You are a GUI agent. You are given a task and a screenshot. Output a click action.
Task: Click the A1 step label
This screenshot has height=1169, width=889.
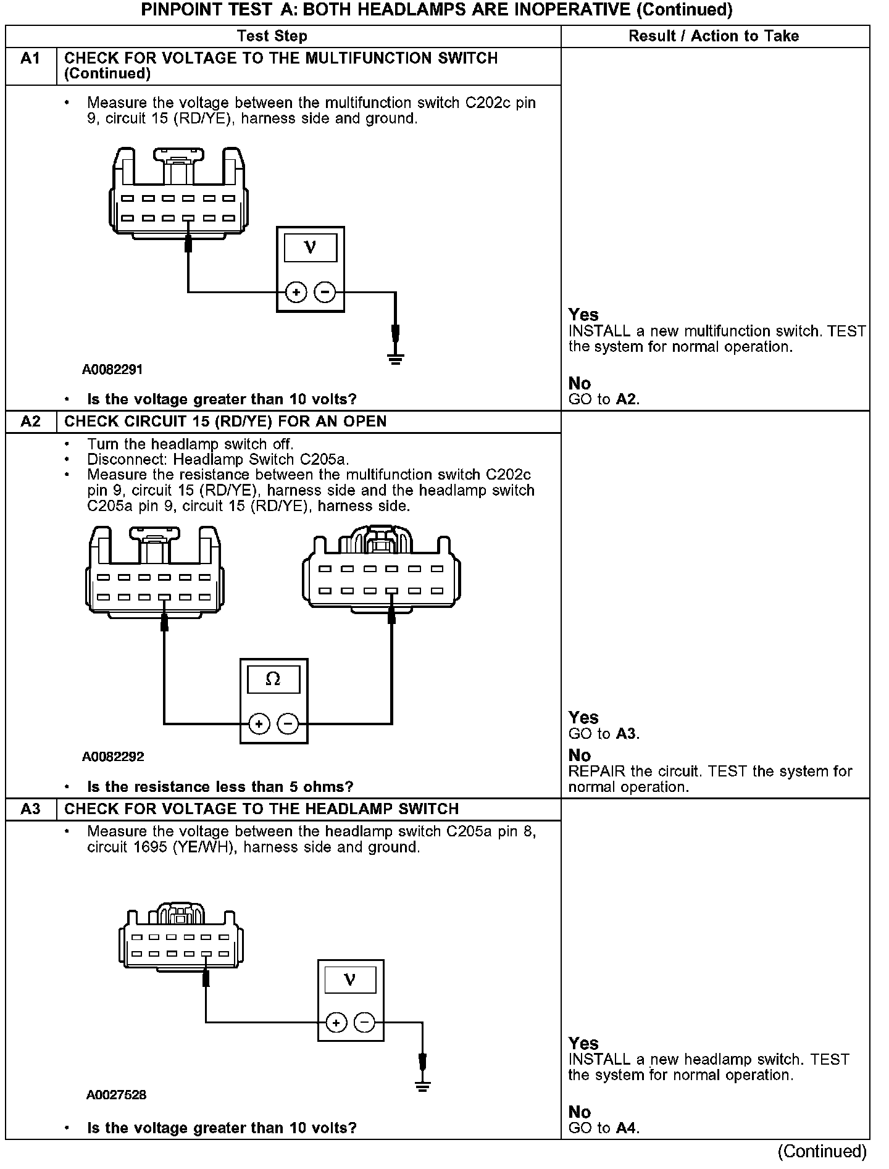click(x=30, y=59)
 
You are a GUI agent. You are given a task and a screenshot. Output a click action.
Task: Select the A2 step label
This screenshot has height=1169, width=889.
click(x=30, y=422)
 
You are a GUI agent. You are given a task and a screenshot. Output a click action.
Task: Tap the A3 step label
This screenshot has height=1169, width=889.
click(x=30, y=809)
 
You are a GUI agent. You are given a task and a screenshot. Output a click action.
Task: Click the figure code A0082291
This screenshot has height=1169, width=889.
click(x=112, y=370)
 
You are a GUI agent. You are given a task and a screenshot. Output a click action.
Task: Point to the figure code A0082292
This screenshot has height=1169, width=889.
click(x=113, y=757)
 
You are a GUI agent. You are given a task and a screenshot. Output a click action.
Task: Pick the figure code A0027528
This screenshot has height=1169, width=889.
click(x=116, y=1095)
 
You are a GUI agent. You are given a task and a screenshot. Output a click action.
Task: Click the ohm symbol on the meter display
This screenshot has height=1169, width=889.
click(x=273, y=680)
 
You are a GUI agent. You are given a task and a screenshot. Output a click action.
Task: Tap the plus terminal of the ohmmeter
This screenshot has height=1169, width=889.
click(x=259, y=723)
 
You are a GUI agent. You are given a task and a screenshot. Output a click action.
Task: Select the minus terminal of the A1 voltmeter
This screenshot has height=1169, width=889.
click(x=325, y=292)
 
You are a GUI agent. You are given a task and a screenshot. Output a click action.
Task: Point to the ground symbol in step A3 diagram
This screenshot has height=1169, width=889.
click(x=422, y=1087)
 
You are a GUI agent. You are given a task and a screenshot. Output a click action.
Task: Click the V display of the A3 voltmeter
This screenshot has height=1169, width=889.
click(x=350, y=980)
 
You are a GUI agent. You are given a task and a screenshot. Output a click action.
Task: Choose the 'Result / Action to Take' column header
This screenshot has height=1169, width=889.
click(x=714, y=36)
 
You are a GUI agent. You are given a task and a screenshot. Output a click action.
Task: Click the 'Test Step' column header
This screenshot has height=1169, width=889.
click(x=272, y=36)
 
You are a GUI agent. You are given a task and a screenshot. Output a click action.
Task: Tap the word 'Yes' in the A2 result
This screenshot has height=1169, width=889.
click(x=583, y=717)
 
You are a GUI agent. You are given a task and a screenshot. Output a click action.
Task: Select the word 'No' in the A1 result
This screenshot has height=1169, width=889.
click(x=580, y=383)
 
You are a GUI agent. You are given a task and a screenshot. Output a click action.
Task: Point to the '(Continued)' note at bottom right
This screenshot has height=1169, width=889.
click(x=822, y=1152)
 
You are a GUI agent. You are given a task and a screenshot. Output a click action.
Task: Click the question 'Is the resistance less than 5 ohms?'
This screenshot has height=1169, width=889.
click(x=220, y=787)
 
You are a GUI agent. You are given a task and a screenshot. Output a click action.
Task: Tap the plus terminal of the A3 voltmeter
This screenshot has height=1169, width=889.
click(x=336, y=1023)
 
